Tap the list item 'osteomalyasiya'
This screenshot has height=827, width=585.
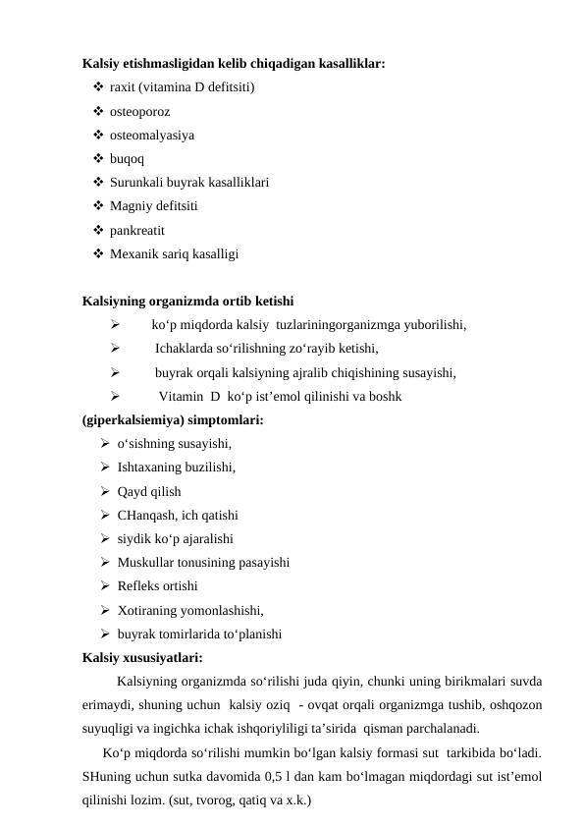(151, 135)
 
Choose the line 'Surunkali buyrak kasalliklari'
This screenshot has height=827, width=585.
(190, 183)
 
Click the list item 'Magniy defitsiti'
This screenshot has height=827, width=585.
(154, 206)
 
